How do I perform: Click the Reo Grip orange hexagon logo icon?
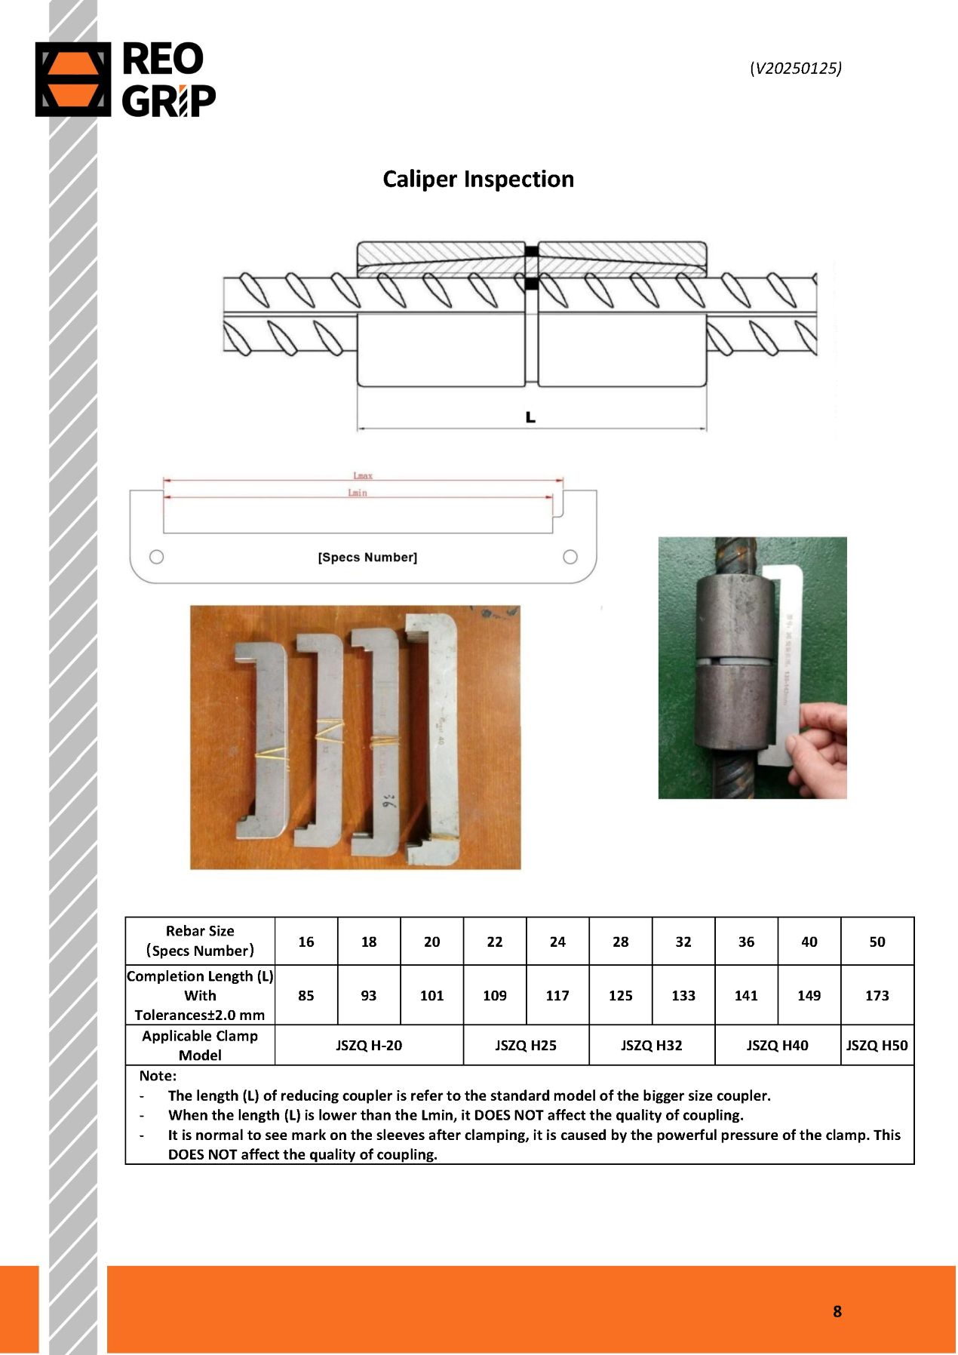coord(72,79)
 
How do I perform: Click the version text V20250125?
coord(796,68)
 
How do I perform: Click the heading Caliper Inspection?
coord(478,179)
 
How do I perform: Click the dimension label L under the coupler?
coord(530,417)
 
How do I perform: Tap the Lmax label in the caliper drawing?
coord(363,475)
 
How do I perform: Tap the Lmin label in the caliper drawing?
coord(358,493)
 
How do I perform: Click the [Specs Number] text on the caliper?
coord(367,558)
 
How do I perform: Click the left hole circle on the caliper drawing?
coord(156,557)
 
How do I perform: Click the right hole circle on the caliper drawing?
coord(570,557)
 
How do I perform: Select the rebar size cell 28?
coord(620,942)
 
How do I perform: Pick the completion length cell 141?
coord(746,995)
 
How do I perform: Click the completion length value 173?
coord(877,995)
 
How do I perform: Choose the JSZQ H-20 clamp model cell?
coord(369,1046)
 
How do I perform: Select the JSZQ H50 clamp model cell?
coord(877,1046)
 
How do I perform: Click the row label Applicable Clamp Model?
coord(200,1046)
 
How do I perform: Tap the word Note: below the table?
coord(158,1076)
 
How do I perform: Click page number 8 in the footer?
coord(837,1311)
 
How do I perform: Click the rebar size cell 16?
coord(306,942)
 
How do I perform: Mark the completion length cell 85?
coord(306,995)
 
